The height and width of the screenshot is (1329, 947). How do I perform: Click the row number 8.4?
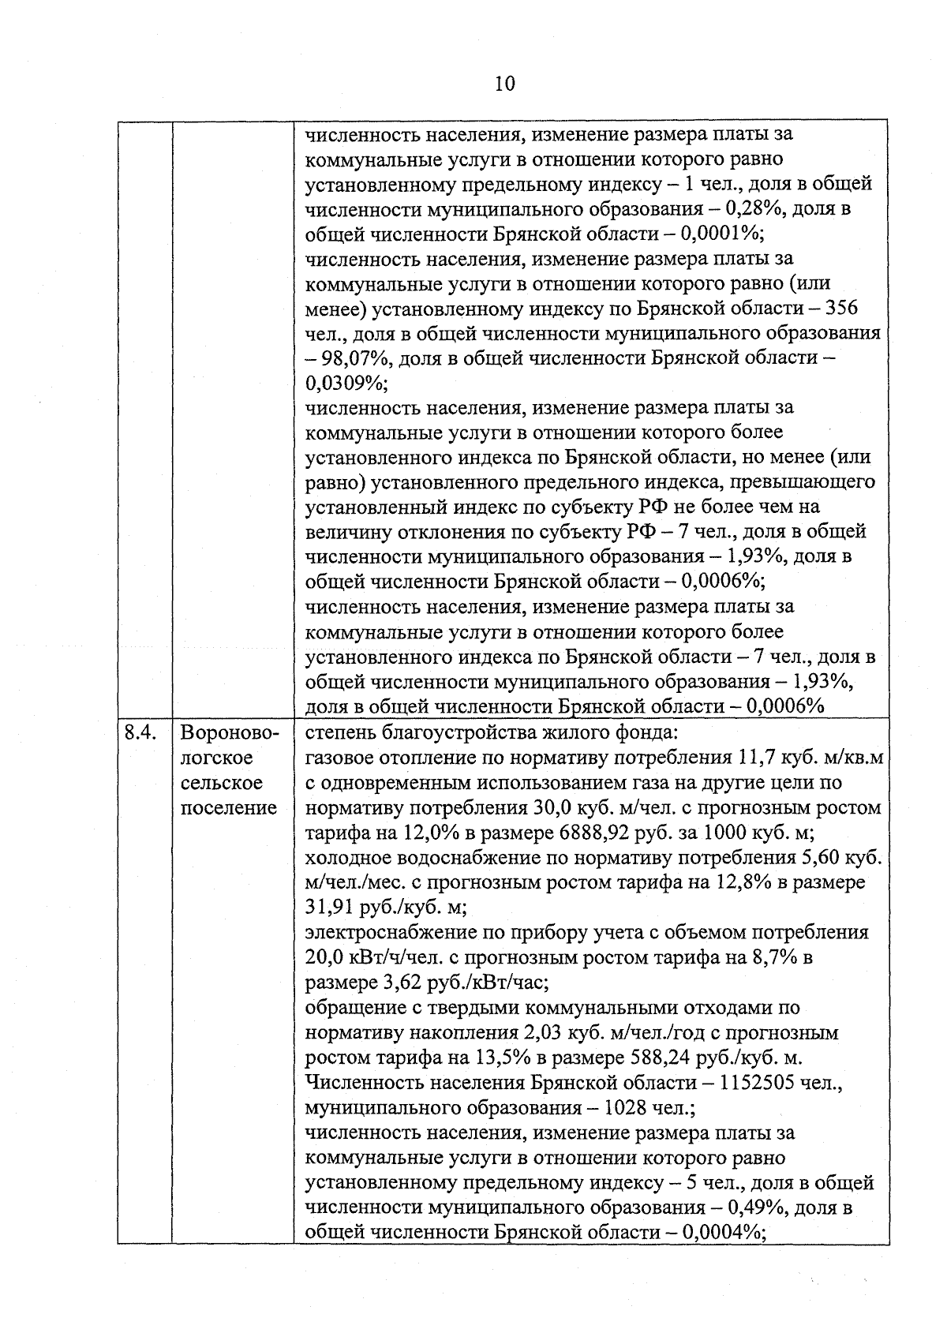pos(140,733)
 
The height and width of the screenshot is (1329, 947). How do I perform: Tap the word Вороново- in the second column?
pos(230,733)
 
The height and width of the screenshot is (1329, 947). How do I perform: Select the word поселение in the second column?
pos(229,808)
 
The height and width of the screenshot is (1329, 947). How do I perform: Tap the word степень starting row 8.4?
pos(339,733)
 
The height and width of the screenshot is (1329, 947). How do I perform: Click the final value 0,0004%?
pos(724,1233)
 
